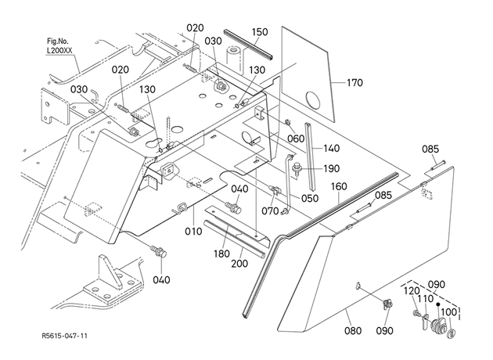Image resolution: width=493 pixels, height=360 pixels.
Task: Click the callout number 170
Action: (354, 83)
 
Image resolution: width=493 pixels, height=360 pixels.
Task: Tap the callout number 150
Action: (260, 32)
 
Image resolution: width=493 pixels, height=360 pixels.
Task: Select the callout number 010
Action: (193, 232)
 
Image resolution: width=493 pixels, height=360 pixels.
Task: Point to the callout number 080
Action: (353, 331)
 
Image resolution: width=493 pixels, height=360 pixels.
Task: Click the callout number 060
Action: (296, 139)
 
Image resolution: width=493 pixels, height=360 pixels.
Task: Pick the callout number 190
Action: (332, 169)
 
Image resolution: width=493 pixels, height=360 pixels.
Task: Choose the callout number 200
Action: (239, 264)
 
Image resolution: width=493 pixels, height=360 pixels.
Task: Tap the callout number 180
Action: (221, 254)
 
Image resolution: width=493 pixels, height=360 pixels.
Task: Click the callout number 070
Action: (270, 211)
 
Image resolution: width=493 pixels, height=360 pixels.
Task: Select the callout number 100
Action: (448, 312)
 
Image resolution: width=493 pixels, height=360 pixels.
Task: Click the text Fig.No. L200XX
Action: (59, 46)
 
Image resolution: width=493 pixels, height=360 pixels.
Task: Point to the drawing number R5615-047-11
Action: (64, 336)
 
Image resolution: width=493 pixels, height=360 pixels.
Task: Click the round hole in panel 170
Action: (313, 101)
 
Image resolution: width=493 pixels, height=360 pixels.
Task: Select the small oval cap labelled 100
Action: (452, 333)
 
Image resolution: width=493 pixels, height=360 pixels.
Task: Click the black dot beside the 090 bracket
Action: (437, 304)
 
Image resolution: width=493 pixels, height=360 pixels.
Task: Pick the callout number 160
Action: (339, 187)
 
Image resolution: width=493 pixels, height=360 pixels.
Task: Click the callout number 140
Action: (332, 148)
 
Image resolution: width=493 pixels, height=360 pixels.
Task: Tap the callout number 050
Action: (310, 199)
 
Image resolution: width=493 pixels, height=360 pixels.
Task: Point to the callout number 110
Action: (426, 299)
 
